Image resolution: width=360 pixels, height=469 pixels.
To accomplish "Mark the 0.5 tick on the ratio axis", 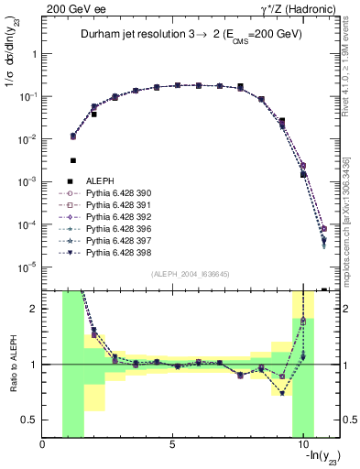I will (x=29, y=419).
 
